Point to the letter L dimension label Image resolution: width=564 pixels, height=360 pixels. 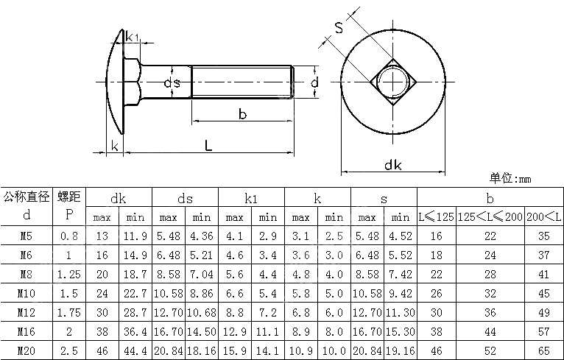[208, 145]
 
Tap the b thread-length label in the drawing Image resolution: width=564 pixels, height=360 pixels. [242, 113]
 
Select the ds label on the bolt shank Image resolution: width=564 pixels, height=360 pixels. [172, 83]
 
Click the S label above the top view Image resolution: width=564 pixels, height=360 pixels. [339, 29]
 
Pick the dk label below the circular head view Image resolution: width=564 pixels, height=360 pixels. [392, 165]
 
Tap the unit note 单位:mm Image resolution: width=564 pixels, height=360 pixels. [510, 178]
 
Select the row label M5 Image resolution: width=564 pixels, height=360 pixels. [27, 236]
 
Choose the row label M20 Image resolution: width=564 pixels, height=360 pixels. [27, 350]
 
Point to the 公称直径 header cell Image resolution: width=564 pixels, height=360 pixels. [27, 197]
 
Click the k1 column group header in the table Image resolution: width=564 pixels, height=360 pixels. [250, 197]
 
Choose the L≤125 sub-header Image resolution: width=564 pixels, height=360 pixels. [436, 217]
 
